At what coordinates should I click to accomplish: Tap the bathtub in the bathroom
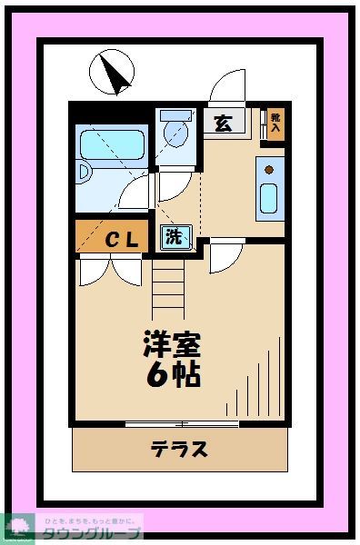pyautogui.click(x=111, y=145)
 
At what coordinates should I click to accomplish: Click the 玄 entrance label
pyautogui.click(x=222, y=124)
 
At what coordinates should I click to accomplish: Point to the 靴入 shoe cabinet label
pyautogui.click(x=275, y=124)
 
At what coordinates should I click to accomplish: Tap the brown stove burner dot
pyautogui.click(x=269, y=167)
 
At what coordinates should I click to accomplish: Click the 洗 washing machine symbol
pyautogui.click(x=174, y=238)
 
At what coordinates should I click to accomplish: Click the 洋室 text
pyautogui.click(x=170, y=344)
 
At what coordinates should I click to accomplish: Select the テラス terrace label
pyautogui.click(x=179, y=448)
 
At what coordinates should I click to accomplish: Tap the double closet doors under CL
pyautogui.click(x=112, y=271)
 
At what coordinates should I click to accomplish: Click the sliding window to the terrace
pyautogui.click(x=182, y=423)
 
